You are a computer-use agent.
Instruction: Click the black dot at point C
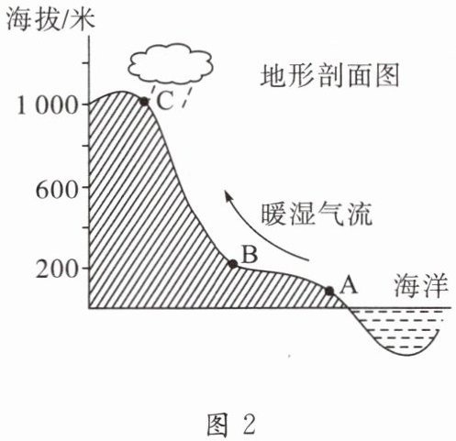tap(144, 102)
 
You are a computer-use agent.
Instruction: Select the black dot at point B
tap(233, 264)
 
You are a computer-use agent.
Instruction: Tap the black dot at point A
tap(329, 291)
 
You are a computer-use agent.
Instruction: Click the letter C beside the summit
tap(164, 101)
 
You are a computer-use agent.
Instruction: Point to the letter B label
tap(250, 254)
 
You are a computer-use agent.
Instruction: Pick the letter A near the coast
tap(349, 285)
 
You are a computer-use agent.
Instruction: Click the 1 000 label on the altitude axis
tap(47, 105)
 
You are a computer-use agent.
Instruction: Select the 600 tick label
tap(56, 190)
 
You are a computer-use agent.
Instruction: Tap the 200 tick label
tap(56, 270)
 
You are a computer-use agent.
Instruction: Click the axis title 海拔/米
tap(50, 20)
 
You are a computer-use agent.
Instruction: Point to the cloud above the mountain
tap(171, 63)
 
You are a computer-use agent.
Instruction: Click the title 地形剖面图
tap(330, 75)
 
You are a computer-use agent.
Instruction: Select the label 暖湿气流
tap(317, 214)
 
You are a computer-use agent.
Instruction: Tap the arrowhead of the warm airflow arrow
tap(228, 196)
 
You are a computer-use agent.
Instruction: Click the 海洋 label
tap(421, 286)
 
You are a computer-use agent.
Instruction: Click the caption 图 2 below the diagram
tap(230, 424)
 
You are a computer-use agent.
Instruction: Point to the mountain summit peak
tap(122, 91)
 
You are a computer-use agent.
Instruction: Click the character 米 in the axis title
tap(83, 20)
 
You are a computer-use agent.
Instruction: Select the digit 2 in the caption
tap(250, 424)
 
